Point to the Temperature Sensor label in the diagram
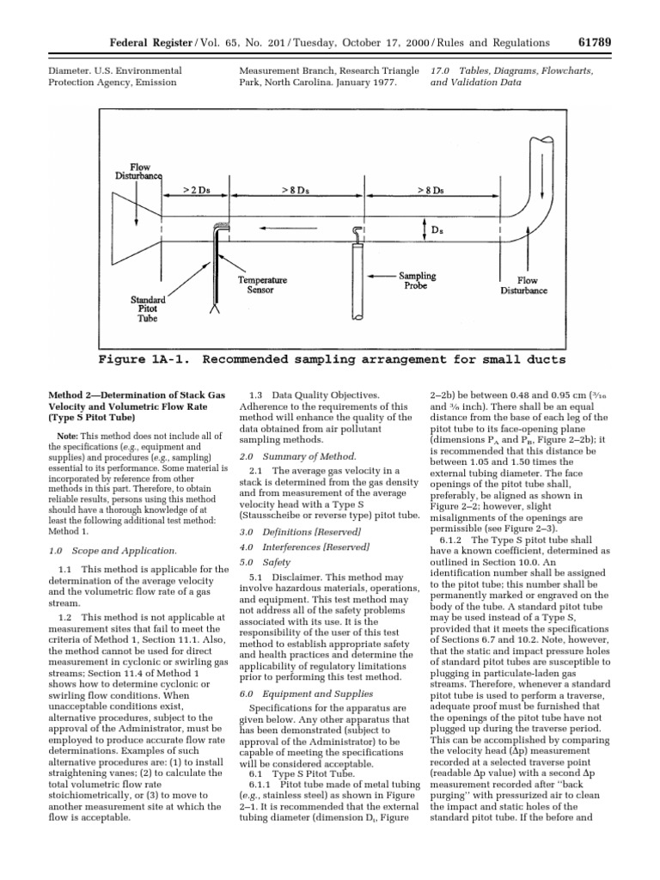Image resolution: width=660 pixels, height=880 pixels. [262, 285]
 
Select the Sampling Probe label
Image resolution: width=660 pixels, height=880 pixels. [417, 281]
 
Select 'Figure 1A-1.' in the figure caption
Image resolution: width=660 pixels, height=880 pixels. [148, 358]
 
